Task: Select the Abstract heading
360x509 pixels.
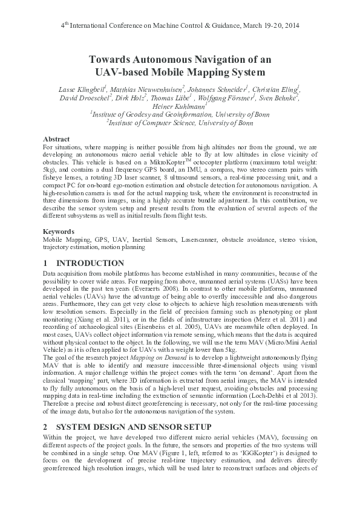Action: click(x=57, y=138)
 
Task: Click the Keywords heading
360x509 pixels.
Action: click(x=59, y=232)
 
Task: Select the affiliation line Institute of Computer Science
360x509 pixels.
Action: click(x=180, y=122)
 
